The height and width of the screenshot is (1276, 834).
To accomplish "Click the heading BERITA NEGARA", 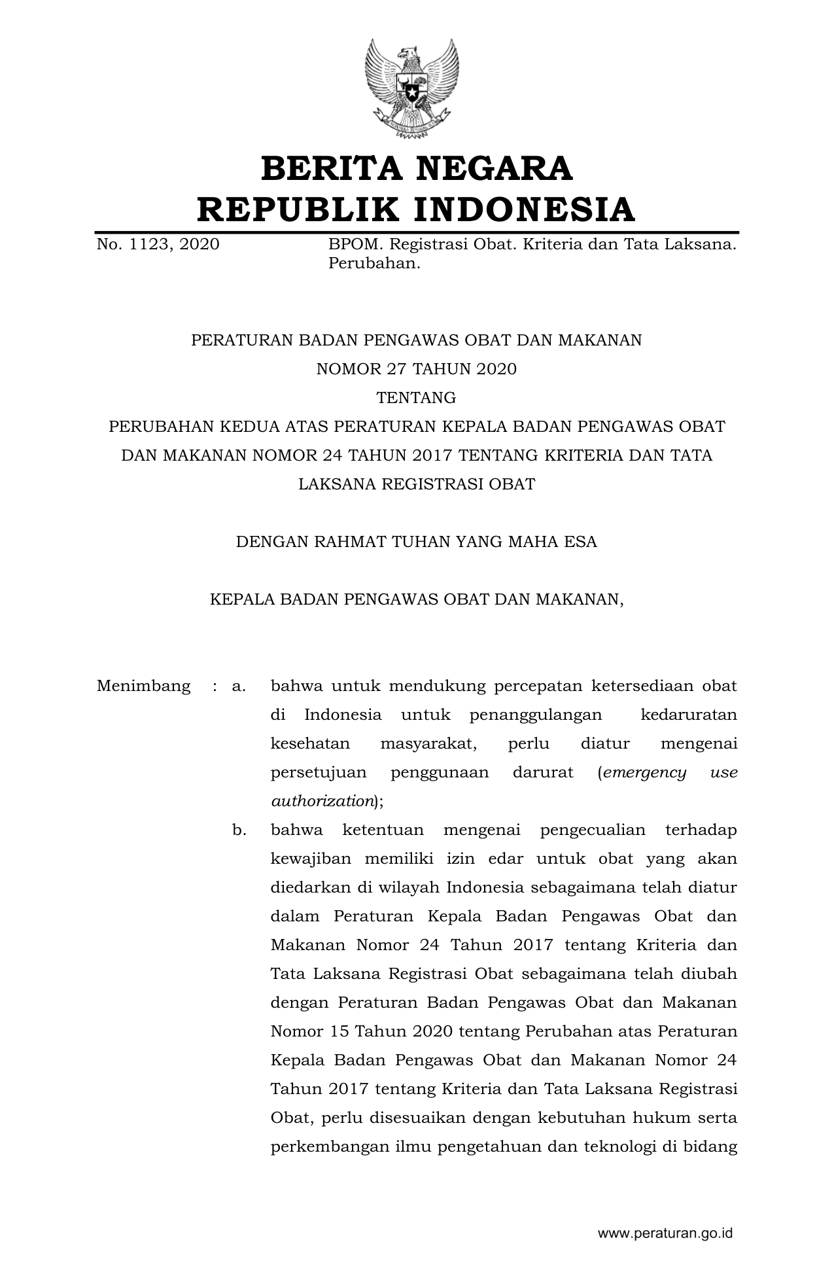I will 417,168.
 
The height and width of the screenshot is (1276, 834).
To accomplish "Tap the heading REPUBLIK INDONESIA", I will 417,209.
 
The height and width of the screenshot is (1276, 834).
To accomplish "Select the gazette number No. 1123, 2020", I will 158,245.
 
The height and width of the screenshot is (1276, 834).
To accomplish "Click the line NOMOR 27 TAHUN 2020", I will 417,369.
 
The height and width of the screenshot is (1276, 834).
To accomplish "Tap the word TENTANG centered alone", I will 417,398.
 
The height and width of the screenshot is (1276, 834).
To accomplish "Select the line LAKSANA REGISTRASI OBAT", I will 417,484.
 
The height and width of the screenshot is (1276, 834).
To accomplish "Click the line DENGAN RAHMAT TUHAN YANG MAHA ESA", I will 417,542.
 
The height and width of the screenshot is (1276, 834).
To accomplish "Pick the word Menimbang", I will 144,686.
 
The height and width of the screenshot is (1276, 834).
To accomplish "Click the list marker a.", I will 239,686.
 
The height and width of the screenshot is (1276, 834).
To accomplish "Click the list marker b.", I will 239,830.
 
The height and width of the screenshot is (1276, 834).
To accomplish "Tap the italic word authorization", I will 322,801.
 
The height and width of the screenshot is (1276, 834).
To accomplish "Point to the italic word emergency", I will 645,773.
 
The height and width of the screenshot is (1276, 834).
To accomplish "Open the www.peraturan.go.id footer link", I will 665,1234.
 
